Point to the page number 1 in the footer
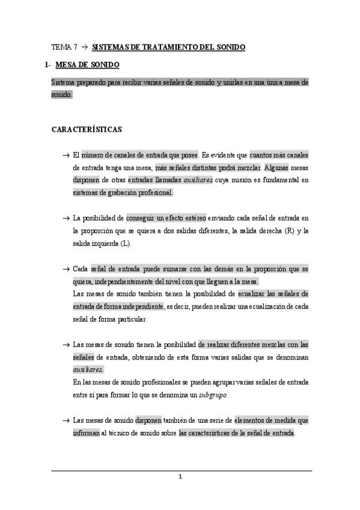pos(180,478)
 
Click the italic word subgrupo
pos(213,395)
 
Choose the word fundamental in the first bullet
pos(280,180)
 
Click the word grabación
pos(123,192)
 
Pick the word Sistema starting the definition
pos(64,82)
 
